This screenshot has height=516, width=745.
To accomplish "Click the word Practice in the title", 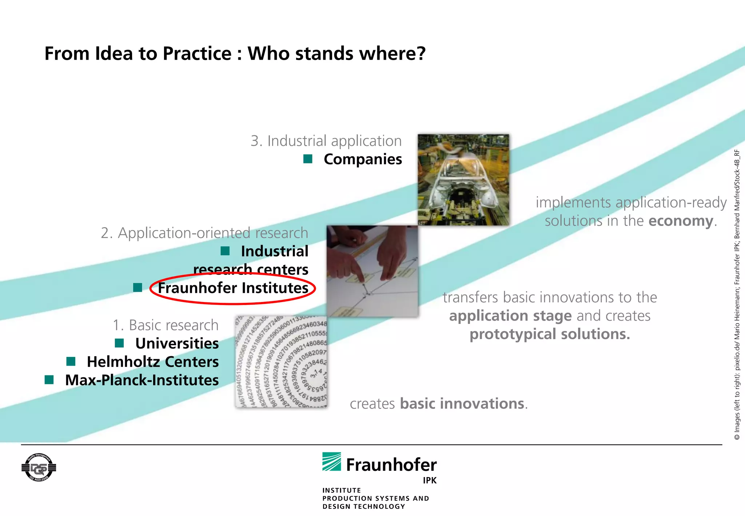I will pyautogui.click(x=197, y=54).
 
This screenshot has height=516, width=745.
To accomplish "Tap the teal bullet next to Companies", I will pyautogui.click(x=308, y=159).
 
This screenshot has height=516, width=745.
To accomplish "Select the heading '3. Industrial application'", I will pyautogui.click(x=326, y=141).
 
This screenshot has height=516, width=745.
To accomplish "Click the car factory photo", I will pyautogui.click(x=463, y=180).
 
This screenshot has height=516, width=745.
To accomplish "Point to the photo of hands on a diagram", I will pyautogui.click(x=372, y=271).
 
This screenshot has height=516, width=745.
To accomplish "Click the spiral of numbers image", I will pyautogui.click(x=281, y=362).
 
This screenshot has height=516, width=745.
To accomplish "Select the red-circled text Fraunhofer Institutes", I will pyautogui.click(x=233, y=288).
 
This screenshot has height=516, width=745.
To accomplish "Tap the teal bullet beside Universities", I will pyautogui.click(x=119, y=343).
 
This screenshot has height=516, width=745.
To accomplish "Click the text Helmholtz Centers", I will pyautogui.click(x=152, y=362).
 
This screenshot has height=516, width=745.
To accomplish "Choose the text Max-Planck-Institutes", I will pyautogui.click(x=142, y=380).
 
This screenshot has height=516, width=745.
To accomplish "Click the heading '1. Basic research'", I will pyautogui.click(x=166, y=325).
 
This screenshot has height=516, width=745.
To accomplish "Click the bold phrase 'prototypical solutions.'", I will pyautogui.click(x=549, y=334).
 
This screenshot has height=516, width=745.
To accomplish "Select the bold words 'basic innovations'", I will pyautogui.click(x=462, y=404).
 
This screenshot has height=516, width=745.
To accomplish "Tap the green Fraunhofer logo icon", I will pyautogui.click(x=331, y=462).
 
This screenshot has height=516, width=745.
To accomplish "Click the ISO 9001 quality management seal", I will pyautogui.click(x=39, y=468).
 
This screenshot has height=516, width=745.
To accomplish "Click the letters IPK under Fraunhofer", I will pyautogui.click(x=429, y=480).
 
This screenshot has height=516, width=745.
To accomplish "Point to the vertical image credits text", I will pyautogui.click(x=737, y=295).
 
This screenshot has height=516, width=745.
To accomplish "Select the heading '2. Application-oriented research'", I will pyautogui.click(x=204, y=233).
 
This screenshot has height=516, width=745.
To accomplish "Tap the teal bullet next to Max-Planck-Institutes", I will pyautogui.click(x=49, y=380).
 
